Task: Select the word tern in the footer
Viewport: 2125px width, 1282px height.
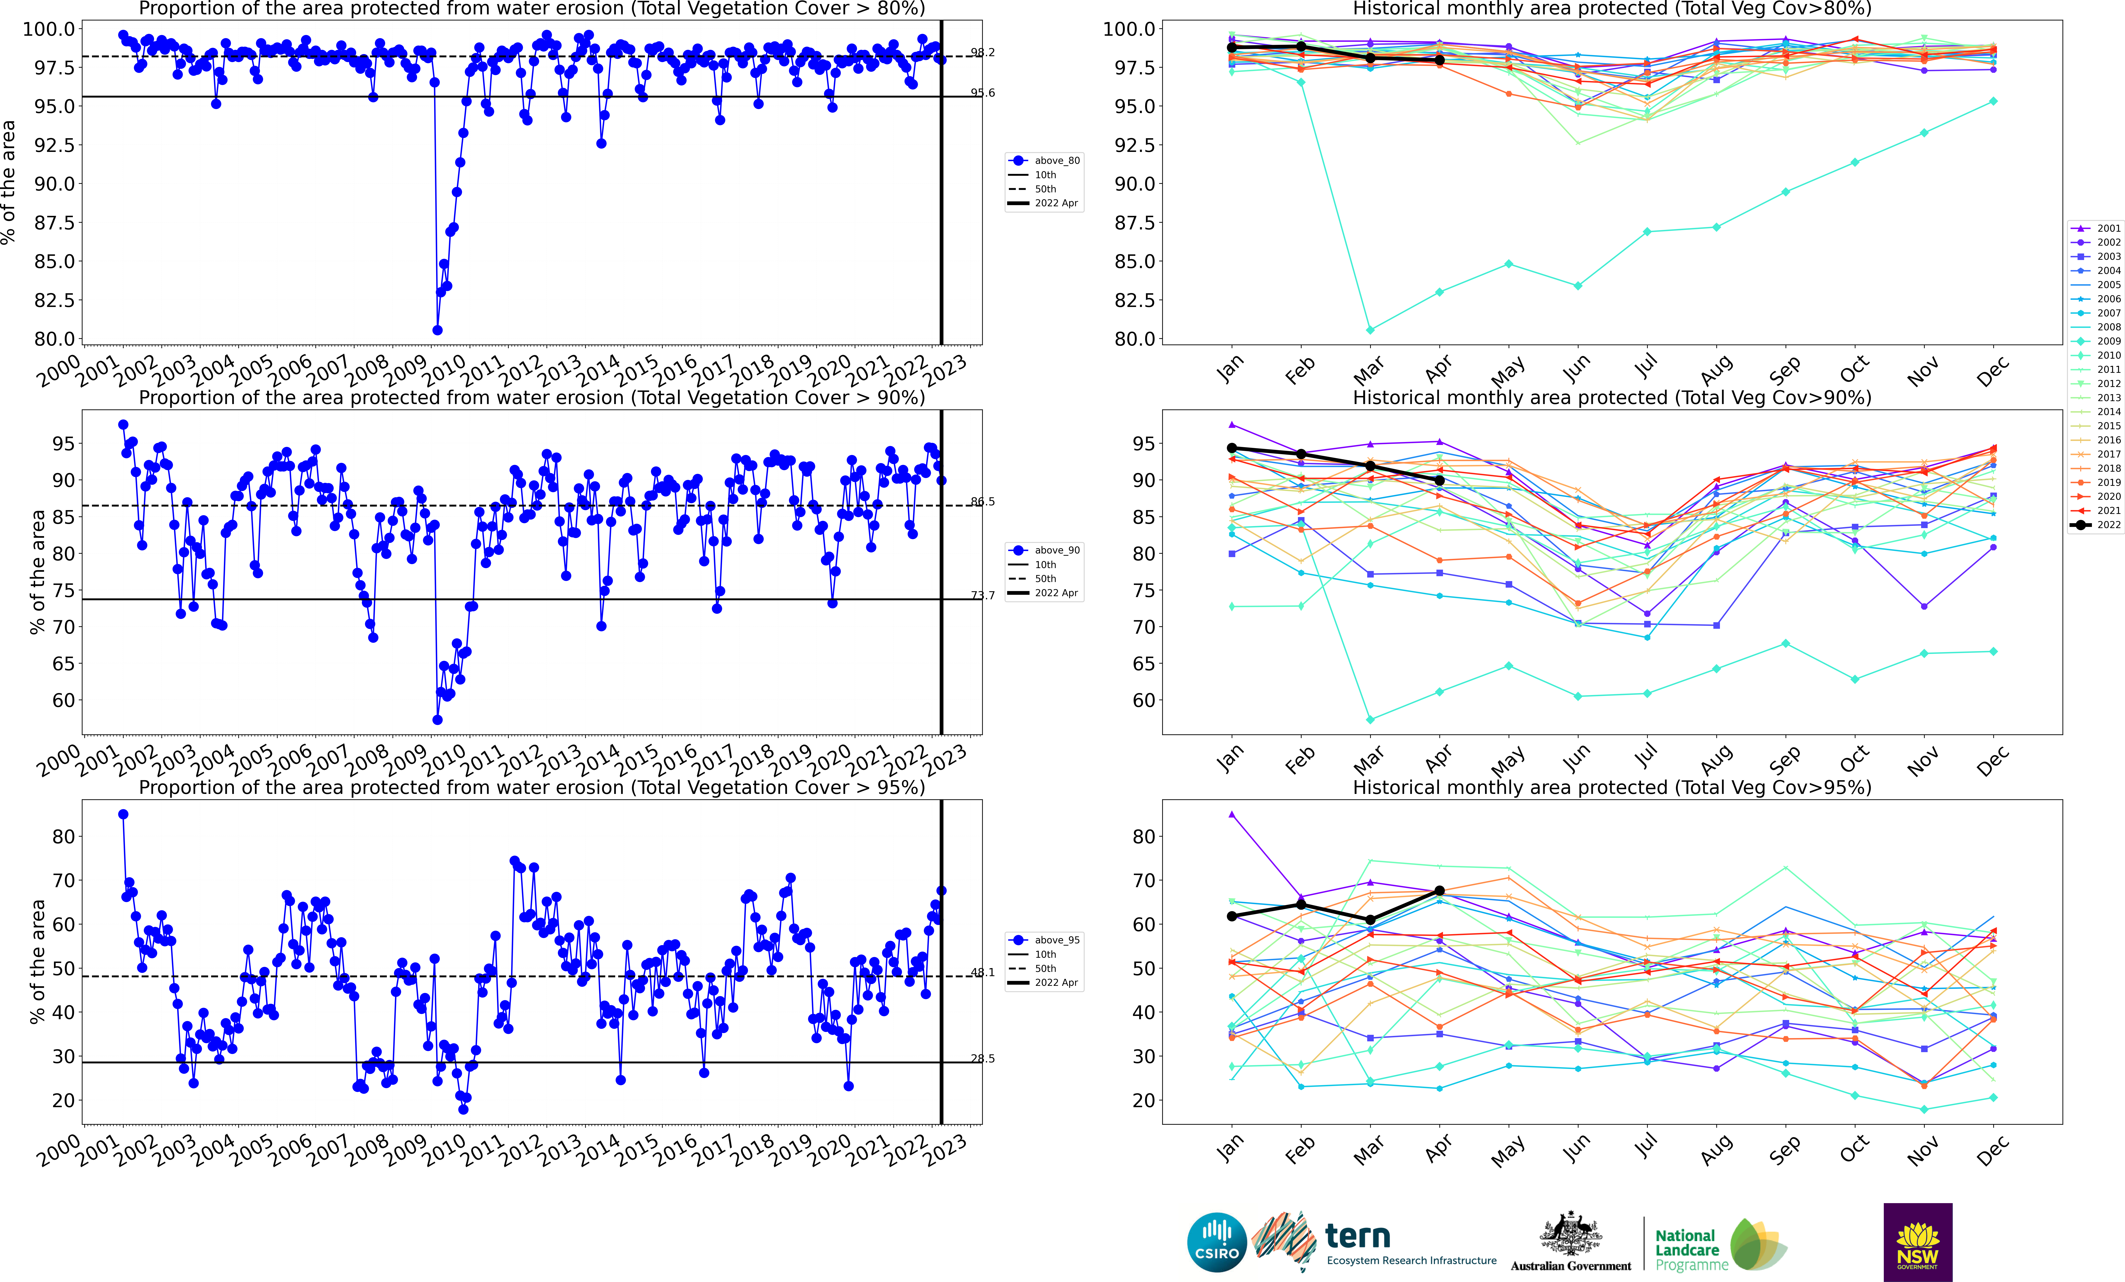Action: (x=1358, y=1236)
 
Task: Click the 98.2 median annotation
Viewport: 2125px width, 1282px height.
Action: (x=982, y=53)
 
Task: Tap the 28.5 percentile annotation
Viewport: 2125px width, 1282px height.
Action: (x=982, y=1059)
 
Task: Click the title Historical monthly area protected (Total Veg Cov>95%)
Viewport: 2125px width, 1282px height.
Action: (x=1612, y=787)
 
